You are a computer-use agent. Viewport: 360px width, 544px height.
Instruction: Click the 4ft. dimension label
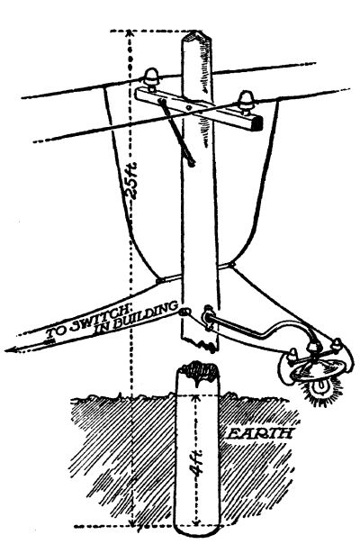(198, 464)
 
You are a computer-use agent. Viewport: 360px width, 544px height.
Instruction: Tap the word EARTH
(259, 433)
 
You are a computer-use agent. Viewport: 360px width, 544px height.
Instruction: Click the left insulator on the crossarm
(152, 79)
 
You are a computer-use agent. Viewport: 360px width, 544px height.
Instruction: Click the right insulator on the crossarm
(247, 102)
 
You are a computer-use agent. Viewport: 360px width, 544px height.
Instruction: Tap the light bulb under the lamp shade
(320, 387)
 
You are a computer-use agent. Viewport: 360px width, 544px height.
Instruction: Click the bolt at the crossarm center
(188, 107)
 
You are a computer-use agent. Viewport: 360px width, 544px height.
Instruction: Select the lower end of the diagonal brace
(191, 162)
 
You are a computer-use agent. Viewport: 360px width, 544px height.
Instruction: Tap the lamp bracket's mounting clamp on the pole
(207, 317)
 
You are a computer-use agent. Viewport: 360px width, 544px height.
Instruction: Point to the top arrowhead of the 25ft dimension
(129, 33)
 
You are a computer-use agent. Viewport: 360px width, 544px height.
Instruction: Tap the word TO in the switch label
(56, 333)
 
